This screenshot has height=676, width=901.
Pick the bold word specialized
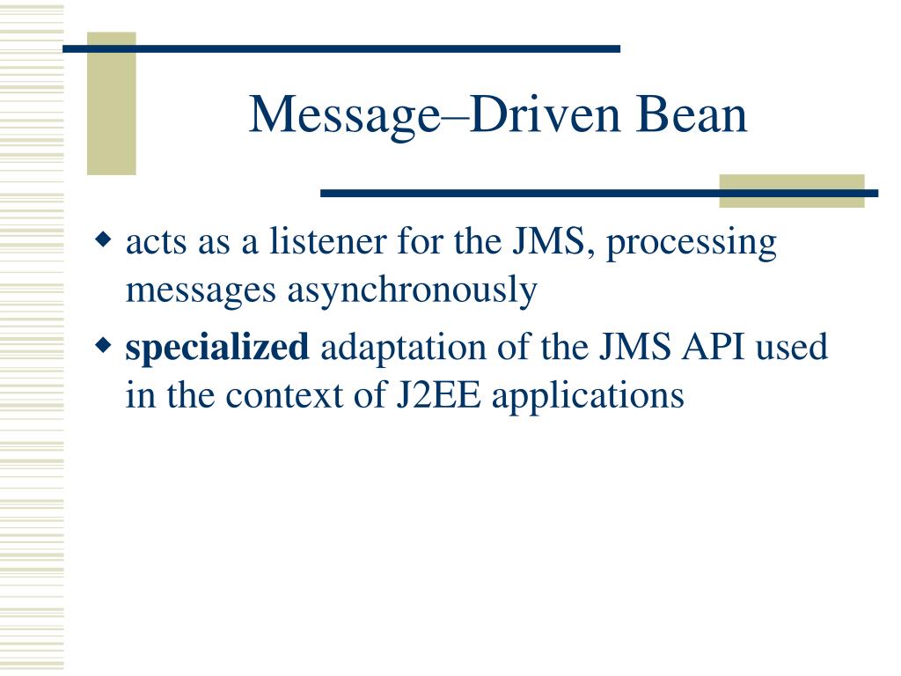click(x=217, y=349)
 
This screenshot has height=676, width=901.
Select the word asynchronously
click(x=411, y=290)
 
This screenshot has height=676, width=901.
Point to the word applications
click(x=588, y=397)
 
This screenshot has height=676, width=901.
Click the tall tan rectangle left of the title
click(x=112, y=104)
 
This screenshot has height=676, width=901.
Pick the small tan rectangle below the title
click(x=791, y=190)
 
